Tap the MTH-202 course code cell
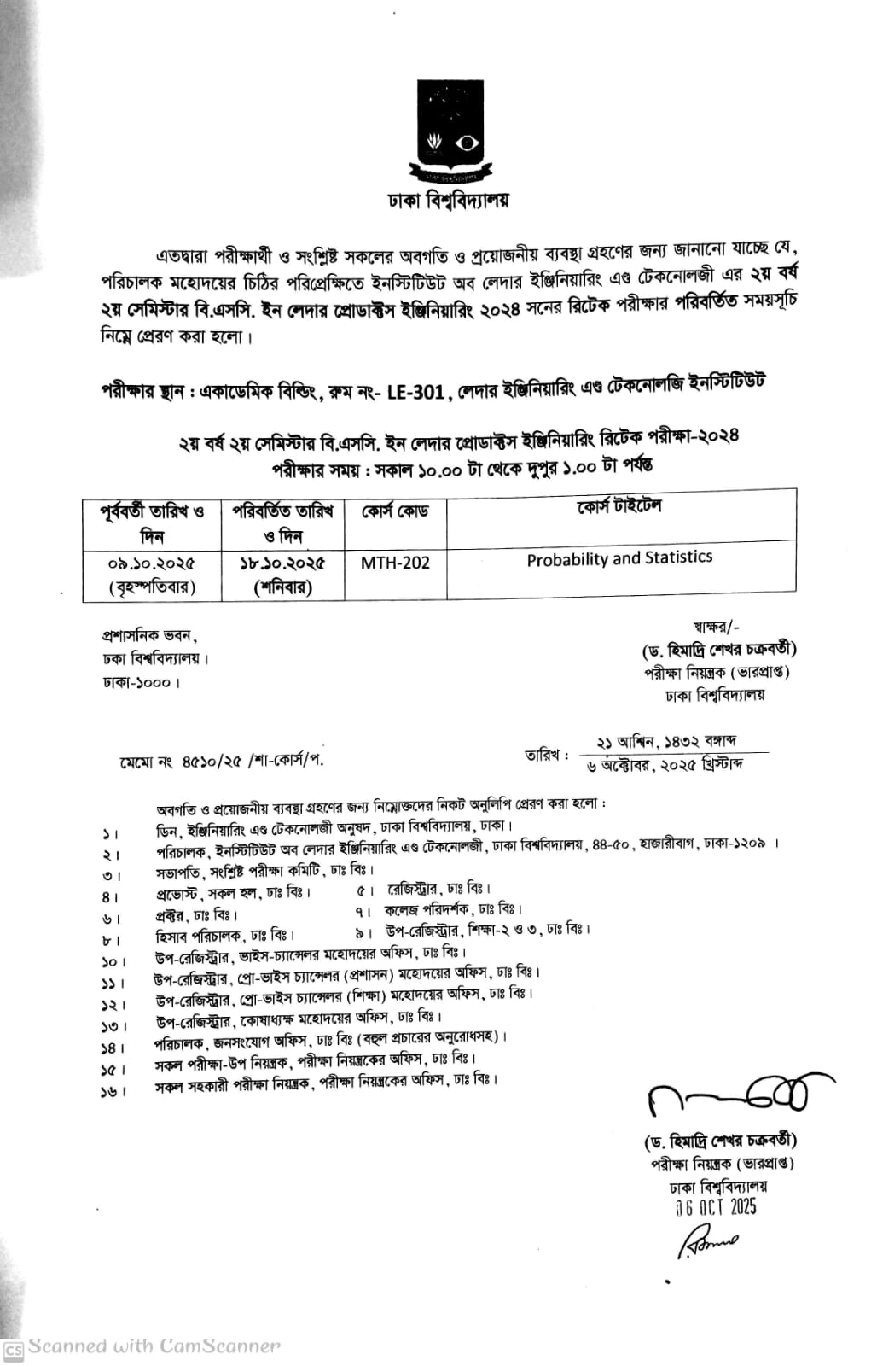395,563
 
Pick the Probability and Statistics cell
619,558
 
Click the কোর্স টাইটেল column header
619,507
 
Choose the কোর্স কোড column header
395,511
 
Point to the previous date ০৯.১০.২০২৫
152,564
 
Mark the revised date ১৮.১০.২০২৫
282,564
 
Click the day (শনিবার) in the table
282,587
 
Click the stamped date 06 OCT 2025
714,1207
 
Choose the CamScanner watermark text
154,1347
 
